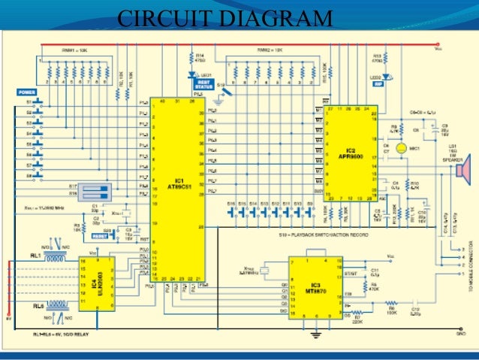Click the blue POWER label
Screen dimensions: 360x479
(x=28, y=92)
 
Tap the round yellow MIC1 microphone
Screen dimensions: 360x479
(x=402, y=150)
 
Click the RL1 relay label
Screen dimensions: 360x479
(x=35, y=256)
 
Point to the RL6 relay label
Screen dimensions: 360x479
(x=35, y=306)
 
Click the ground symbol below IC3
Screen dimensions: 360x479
(x=316, y=331)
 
